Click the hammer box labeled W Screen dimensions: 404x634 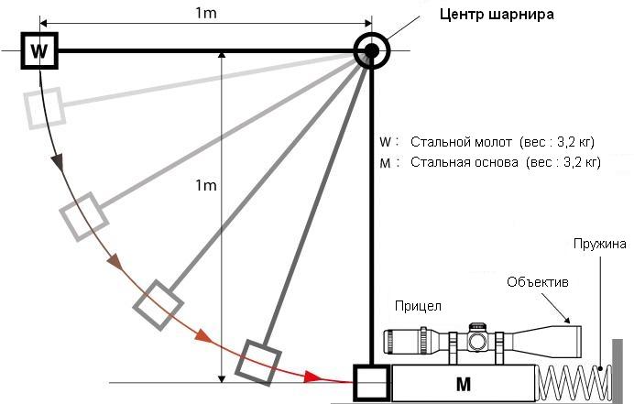[x=38, y=49]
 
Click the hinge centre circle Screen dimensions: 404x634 [x=371, y=50]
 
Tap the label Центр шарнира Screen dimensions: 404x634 [x=497, y=16]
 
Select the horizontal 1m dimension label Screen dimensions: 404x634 [x=206, y=12]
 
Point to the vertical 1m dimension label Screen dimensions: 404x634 [x=206, y=186]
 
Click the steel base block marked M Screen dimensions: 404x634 [x=463, y=383]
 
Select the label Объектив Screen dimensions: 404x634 [x=539, y=282]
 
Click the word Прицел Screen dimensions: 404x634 [x=418, y=304]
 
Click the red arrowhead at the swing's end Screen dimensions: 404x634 [x=314, y=377]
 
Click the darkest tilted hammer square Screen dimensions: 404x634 [x=257, y=362]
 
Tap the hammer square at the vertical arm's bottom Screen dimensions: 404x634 [x=372, y=383]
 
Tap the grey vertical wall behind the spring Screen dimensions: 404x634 [x=616, y=371]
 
